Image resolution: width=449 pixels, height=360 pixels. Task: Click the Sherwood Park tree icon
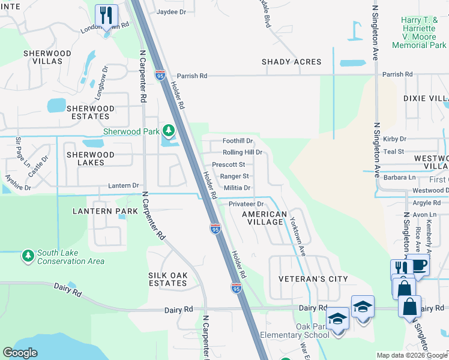(169, 131)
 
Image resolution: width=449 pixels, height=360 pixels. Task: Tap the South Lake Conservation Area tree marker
(28, 256)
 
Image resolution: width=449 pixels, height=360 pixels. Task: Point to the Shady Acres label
(291, 62)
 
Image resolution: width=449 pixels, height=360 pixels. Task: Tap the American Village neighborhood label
(264, 218)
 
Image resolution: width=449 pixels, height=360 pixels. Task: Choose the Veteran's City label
(313, 279)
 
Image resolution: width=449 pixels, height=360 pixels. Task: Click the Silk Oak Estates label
(168, 279)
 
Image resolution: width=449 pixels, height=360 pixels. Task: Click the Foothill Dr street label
(238, 141)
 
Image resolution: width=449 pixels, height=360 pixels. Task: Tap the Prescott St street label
(229, 164)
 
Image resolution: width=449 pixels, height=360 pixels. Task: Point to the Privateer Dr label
(246, 204)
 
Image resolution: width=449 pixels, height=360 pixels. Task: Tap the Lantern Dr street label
(124, 186)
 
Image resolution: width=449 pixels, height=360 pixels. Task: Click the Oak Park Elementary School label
(295, 331)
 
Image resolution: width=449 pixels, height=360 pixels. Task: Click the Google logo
(20, 353)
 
